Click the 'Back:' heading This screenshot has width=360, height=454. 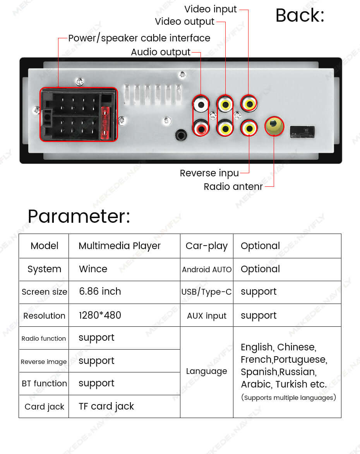coord(300,15)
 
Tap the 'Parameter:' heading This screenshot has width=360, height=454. coord(79,216)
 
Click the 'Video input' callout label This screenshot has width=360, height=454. coord(210,9)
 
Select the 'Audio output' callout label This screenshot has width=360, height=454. coord(161,52)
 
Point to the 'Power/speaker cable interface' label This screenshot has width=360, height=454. coord(139,38)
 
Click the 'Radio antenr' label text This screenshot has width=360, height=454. coord(233,186)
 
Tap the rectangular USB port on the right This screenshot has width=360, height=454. coord(302,131)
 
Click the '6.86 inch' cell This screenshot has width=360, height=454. coord(100,291)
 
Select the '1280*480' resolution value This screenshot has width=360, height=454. coord(100,315)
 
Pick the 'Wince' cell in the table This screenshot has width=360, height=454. coord(93,269)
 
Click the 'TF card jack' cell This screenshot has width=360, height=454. coord(106,406)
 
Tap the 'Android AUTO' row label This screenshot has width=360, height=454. coord(207,270)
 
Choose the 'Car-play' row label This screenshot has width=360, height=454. coord(207,246)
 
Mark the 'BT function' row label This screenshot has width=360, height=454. coord(44,383)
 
